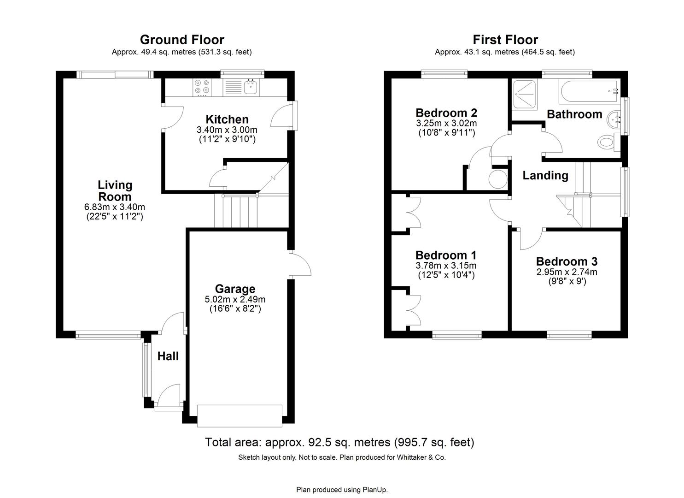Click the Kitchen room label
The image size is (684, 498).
click(227, 119)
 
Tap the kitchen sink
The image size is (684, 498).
click(251, 87)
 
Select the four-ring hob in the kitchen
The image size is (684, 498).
click(202, 87)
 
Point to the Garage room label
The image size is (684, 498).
click(235, 289)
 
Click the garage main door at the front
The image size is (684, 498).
click(239, 415)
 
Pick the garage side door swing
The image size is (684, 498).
click(301, 265)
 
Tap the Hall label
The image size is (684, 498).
click(168, 356)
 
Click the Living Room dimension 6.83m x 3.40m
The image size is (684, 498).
click(115, 207)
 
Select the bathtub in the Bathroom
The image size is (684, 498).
click(588, 91)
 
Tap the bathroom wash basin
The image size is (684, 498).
click(615, 120)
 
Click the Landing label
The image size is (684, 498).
click(545, 176)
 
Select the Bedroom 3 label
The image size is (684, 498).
click(567, 261)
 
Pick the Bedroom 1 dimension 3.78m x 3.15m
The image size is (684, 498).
click(445, 266)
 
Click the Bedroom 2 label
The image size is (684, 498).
click(446, 113)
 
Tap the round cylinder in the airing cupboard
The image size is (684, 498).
click(497, 179)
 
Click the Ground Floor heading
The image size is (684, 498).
click(182, 40)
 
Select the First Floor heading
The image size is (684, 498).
click(505, 40)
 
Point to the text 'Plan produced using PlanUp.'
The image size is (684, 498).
click(342, 490)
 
